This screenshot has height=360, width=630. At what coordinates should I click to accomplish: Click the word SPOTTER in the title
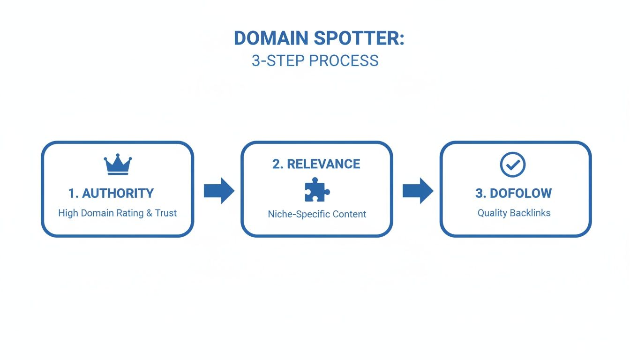pyautogui.click(x=359, y=38)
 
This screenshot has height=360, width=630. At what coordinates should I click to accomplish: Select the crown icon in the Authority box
pyautogui.click(x=118, y=165)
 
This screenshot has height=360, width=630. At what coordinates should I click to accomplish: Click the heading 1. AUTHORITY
pyautogui.click(x=111, y=193)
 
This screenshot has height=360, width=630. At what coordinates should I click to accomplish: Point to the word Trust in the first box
pyautogui.click(x=166, y=213)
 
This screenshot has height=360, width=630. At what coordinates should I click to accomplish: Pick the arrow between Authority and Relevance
pyautogui.click(x=219, y=191)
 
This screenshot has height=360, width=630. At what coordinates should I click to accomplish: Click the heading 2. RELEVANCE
pyautogui.click(x=316, y=164)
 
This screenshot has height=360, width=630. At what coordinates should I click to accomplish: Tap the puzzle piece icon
pyautogui.click(x=317, y=189)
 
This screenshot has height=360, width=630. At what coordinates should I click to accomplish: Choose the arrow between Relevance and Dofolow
pyautogui.click(x=418, y=191)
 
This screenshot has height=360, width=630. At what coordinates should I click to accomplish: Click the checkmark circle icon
pyautogui.click(x=513, y=165)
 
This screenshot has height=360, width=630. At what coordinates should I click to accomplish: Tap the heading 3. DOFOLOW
pyautogui.click(x=514, y=193)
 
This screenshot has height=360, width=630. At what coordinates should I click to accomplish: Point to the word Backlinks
pyautogui.click(x=531, y=213)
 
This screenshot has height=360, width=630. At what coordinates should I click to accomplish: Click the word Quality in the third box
pyautogui.click(x=493, y=213)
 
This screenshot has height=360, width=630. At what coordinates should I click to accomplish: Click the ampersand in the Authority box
pyautogui.click(x=150, y=213)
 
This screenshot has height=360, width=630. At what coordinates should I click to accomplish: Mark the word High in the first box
pyautogui.click(x=68, y=213)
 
